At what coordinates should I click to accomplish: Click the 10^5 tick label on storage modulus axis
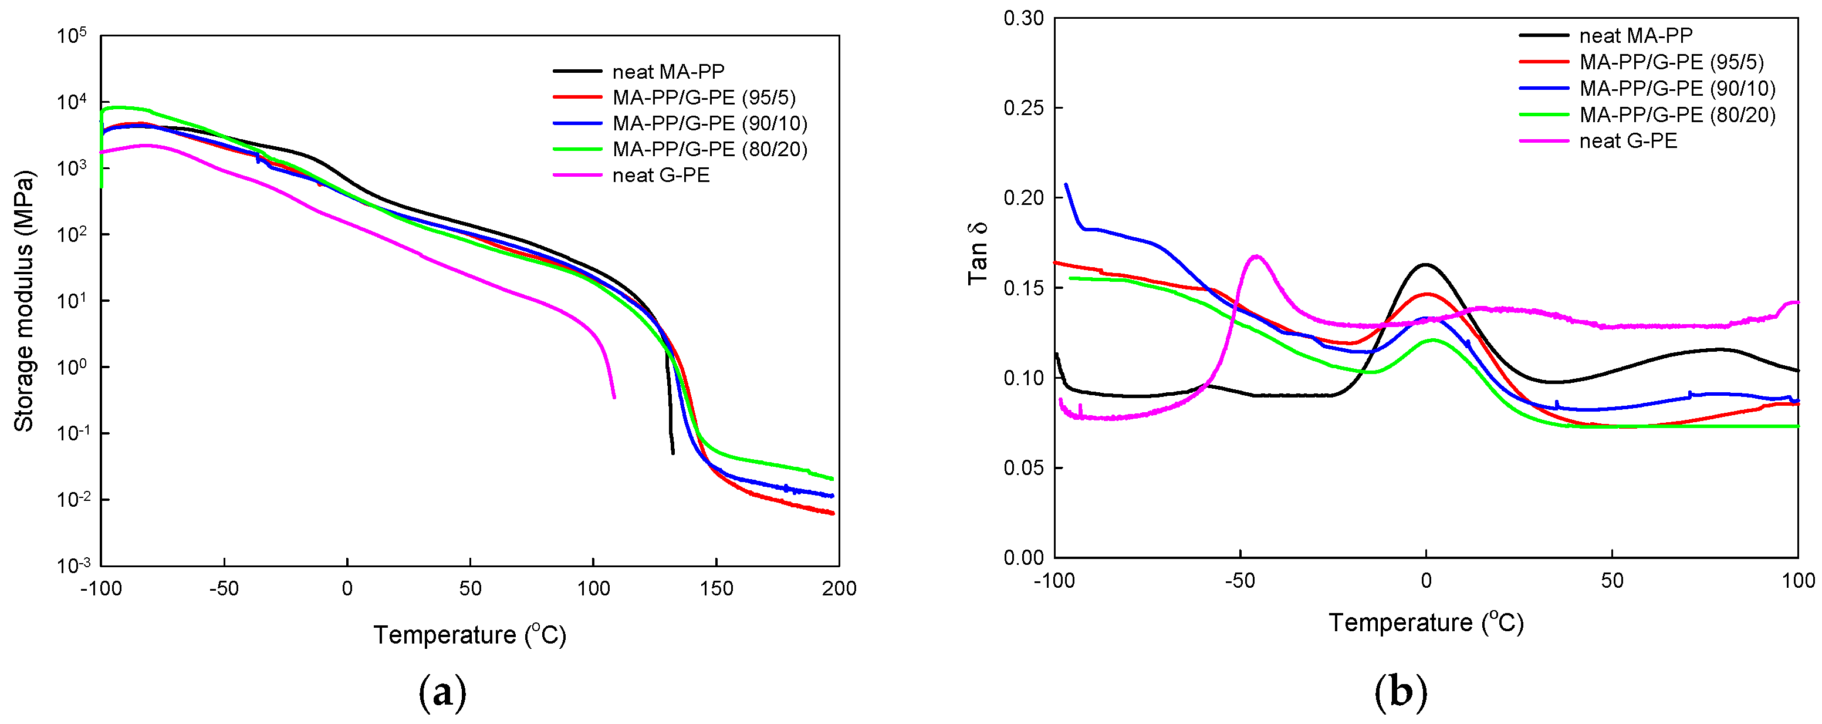coord(72,35)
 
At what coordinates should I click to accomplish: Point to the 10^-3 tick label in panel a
coord(72,565)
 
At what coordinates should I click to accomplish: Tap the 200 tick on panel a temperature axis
coord(839,588)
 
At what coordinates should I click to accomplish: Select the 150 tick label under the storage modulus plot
coord(716,588)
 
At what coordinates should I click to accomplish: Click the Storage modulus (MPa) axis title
coord(24,301)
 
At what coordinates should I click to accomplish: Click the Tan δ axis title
coord(978,253)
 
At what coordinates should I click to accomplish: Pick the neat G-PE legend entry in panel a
coord(661,175)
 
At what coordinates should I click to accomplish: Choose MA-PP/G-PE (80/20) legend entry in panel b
coord(1677,115)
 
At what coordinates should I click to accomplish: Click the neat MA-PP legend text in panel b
coord(1636,35)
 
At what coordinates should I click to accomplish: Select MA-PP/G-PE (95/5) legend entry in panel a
coord(704,97)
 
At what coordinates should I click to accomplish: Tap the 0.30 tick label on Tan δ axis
coord(1023,18)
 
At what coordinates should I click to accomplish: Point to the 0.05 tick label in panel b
coord(1023,468)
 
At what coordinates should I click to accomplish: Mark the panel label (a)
coord(443,692)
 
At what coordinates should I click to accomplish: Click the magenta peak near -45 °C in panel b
coord(1256,256)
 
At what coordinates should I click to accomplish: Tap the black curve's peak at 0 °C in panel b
coord(1425,265)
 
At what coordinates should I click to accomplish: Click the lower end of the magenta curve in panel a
coord(613,396)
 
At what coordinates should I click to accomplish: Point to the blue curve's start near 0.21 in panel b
coord(1066,185)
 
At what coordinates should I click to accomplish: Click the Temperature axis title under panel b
coord(1425,623)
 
